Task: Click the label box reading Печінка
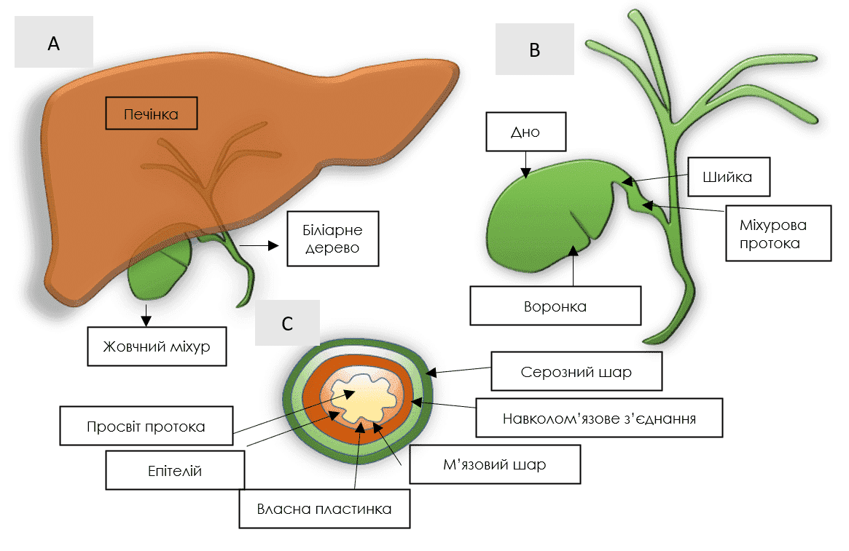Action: tap(151, 114)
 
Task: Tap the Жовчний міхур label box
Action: tap(157, 346)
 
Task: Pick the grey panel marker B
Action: tap(534, 49)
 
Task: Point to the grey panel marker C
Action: tap(287, 323)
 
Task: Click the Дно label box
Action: tap(525, 132)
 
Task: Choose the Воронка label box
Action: tap(555, 306)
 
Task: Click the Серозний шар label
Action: tap(576, 372)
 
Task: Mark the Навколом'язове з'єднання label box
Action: tap(599, 418)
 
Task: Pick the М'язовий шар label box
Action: tap(495, 464)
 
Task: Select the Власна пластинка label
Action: tap(324, 509)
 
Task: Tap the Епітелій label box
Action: tap(175, 471)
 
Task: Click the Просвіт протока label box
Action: tap(146, 426)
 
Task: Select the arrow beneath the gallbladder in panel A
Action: tap(146, 315)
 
